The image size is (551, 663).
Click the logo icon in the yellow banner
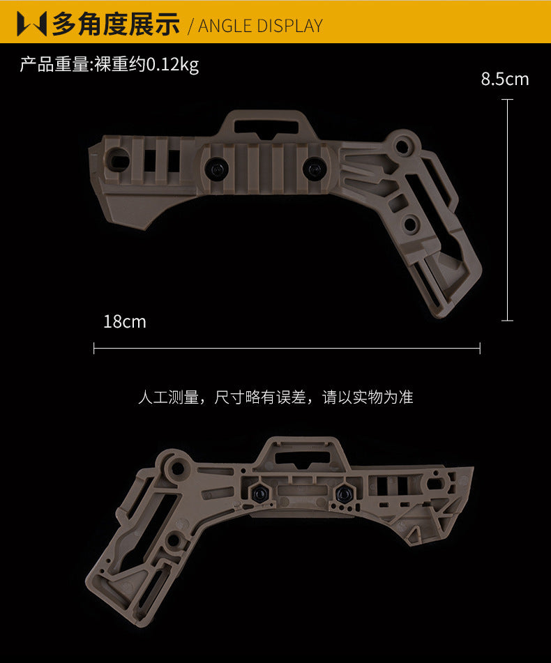point(31,24)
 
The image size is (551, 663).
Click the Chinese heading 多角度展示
point(116,24)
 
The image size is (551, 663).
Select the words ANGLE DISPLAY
point(260,26)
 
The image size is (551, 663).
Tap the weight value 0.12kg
point(172,65)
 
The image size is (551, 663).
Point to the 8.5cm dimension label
point(505,79)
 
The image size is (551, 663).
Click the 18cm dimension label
point(125,322)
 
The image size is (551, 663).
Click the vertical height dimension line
point(507,210)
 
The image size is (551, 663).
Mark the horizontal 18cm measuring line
point(287,349)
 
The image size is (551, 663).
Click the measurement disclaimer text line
point(275,397)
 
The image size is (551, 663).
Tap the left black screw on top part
point(217,168)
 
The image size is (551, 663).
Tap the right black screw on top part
point(314,167)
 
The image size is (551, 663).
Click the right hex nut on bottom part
point(343,493)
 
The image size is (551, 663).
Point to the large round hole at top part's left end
point(118,160)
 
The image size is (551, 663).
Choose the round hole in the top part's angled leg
point(410,223)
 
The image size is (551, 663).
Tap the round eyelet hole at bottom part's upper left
point(178,468)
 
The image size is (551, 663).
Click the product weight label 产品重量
point(54,65)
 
